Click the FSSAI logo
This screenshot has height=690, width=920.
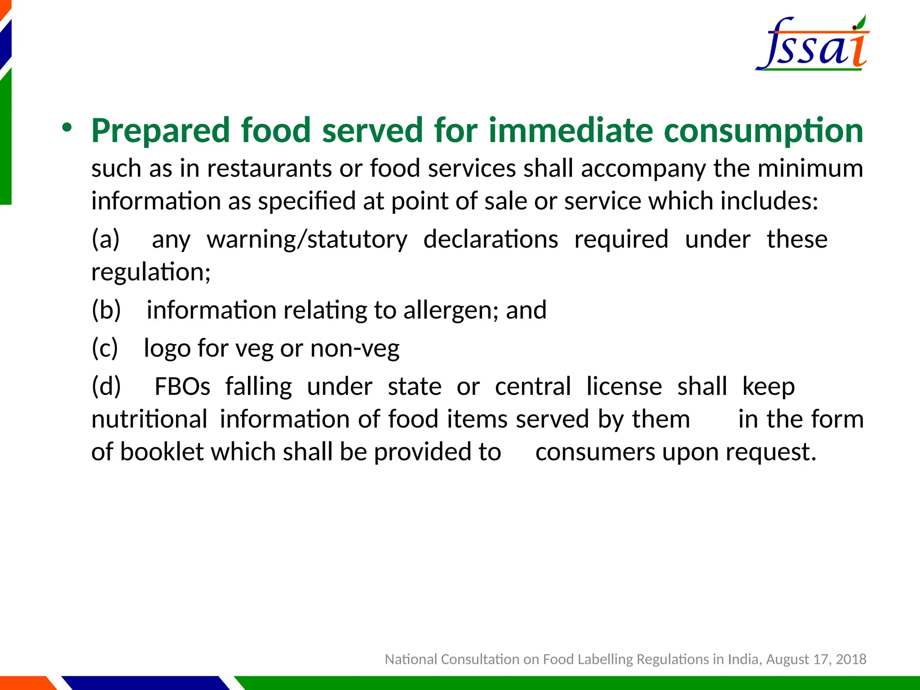(812, 44)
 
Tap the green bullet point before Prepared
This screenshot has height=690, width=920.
(67, 128)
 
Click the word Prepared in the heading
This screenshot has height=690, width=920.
(161, 131)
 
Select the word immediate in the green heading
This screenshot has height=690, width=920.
(571, 131)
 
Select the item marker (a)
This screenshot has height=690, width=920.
(106, 239)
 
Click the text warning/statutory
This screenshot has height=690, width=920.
(307, 239)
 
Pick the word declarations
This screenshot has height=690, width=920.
(491, 239)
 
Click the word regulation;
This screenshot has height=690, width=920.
(151, 272)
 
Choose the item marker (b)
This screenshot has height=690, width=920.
(106, 310)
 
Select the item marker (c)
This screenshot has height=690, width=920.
(105, 348)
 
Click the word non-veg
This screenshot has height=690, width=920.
(354, 348)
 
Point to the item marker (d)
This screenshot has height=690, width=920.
(106, 386)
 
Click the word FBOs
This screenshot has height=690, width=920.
(182, 386)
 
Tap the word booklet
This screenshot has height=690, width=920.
(162, 451)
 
